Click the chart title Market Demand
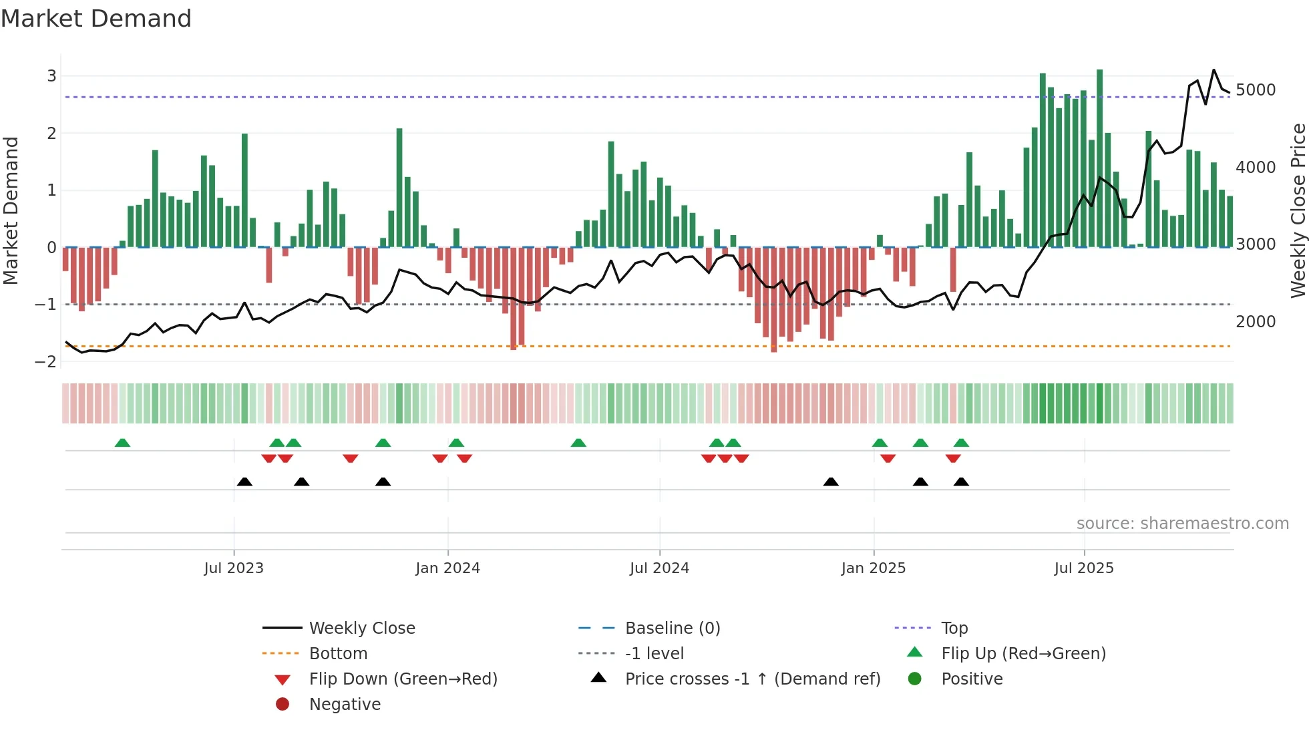[96, 19]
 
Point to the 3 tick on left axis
[51, 76]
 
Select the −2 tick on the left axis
[46, 362]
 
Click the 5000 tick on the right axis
[1256, 90]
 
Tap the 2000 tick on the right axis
[1256, 322]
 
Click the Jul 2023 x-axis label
[234, 568]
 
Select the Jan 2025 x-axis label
[873, 568]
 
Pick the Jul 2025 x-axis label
[1084, 568]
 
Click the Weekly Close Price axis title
[1298, 210]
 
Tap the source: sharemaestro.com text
[1182, 524]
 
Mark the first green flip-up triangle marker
[122, 443]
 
